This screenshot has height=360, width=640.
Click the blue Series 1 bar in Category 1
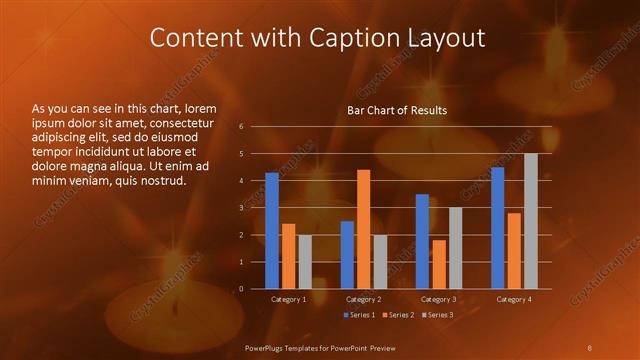tap(272, 231)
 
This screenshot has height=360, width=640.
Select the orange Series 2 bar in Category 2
tap(363, 229)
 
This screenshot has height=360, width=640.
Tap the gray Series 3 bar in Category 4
tap(531, 221)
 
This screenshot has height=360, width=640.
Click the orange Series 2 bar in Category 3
tap(439, 264)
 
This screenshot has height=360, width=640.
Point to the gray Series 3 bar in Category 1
tap(305, 262)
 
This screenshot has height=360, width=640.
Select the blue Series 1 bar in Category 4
tap(498, 228)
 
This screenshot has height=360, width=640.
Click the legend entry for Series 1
tap(359, 316)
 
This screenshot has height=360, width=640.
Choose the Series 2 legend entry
tap(399, 316)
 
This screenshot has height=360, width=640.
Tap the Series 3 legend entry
tap(439, 316)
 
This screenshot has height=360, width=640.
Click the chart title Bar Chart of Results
tap(397, 110)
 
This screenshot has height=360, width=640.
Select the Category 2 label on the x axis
tap(363, 299)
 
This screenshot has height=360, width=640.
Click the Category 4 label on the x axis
tap(514, 299)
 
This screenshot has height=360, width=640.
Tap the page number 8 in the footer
tap(590, 346)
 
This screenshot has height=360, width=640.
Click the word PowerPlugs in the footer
tap(266, 346)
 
